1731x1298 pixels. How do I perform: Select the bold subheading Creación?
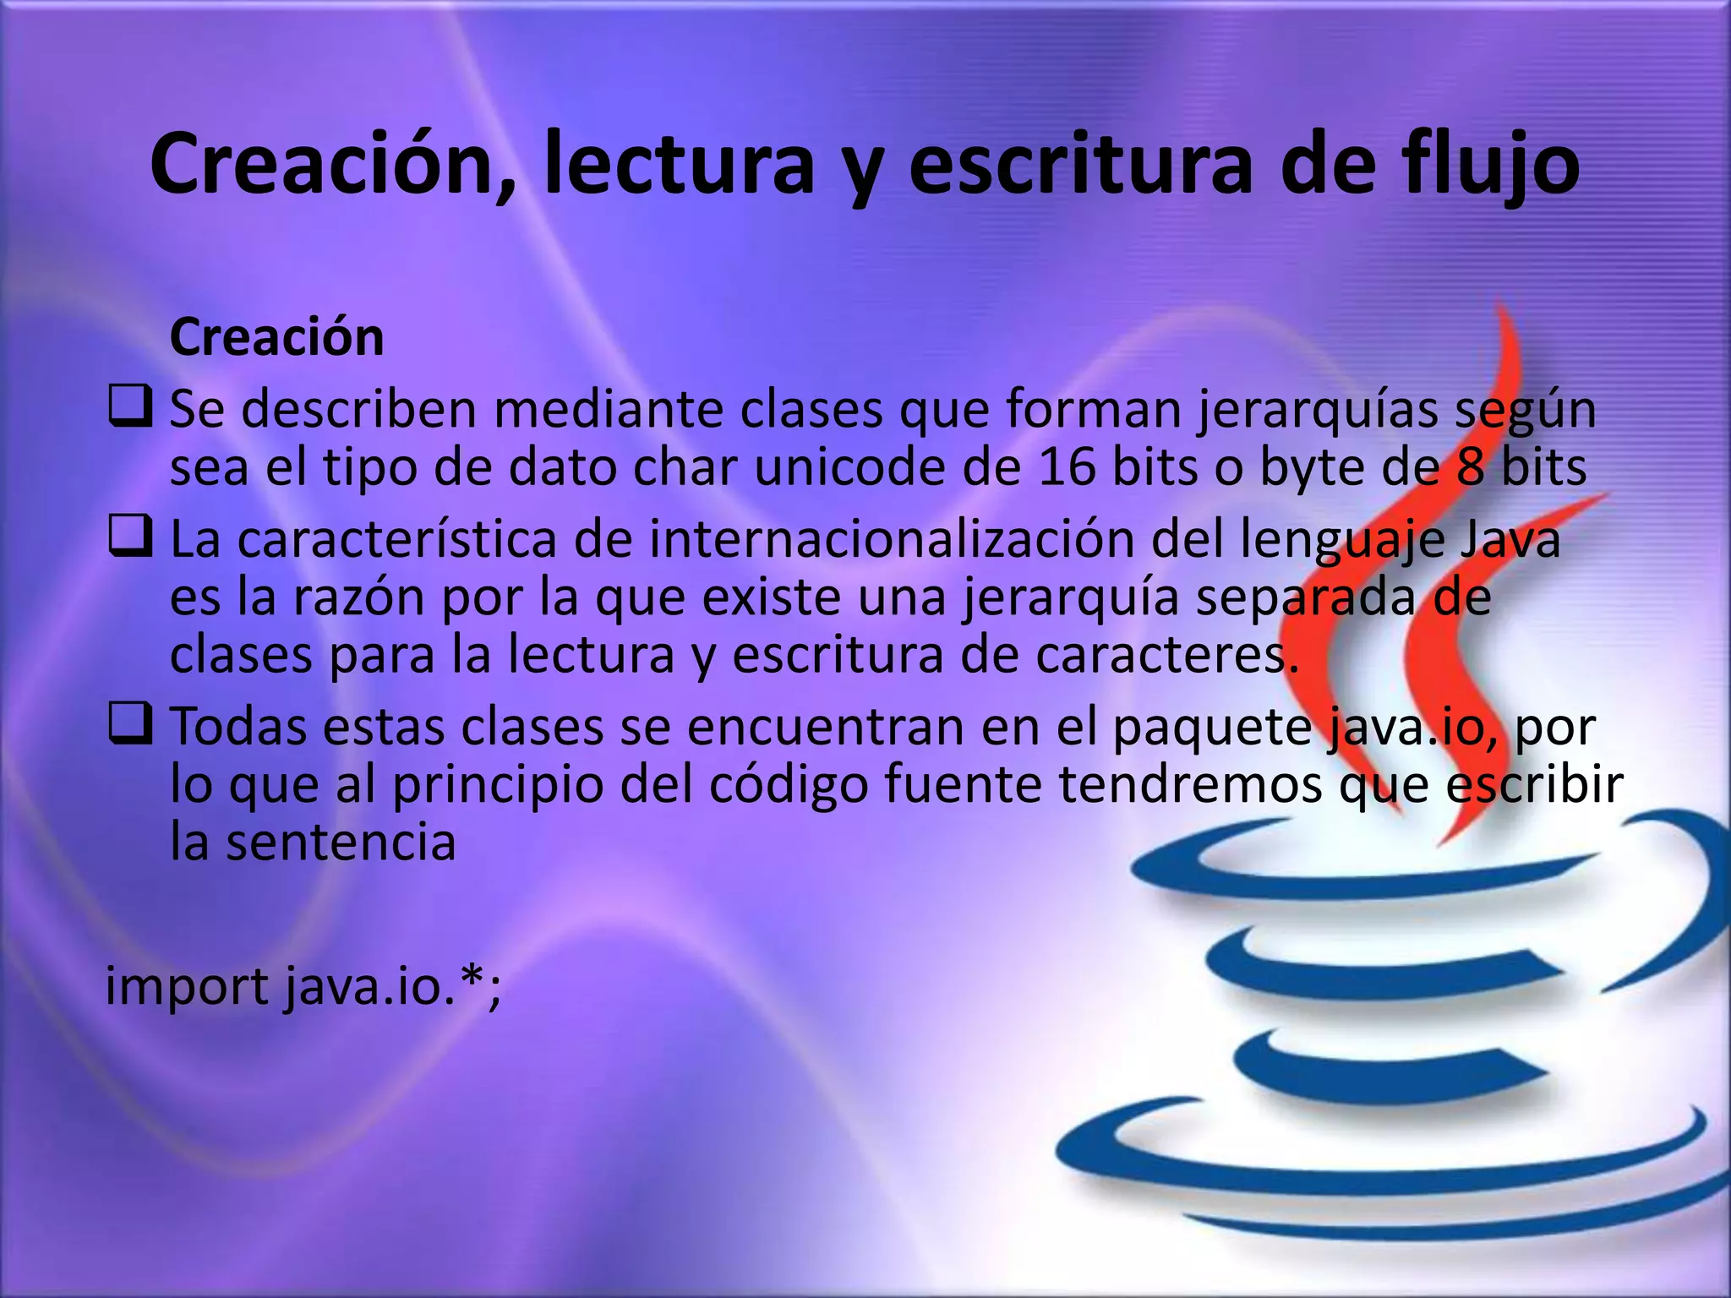pos(276,337)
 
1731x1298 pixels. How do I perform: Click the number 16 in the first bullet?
pos(1068,468)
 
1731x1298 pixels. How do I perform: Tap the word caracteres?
pos(1167,655)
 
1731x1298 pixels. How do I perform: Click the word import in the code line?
pos(186,986)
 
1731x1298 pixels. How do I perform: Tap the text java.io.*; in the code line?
pos(392,986)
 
